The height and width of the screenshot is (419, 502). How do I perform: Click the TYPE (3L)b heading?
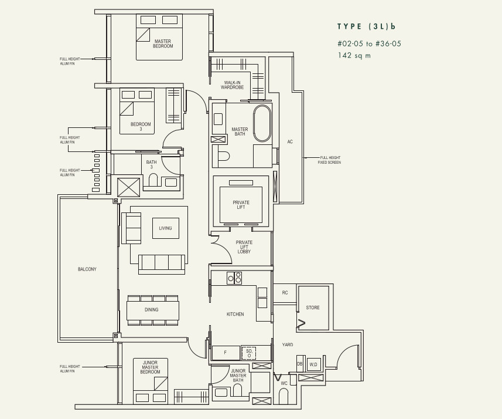[366, 26]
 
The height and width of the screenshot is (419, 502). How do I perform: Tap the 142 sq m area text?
[354, 56]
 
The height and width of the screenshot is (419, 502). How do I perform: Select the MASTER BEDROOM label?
[163, 43]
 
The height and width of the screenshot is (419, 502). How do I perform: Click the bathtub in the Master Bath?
[262, 123]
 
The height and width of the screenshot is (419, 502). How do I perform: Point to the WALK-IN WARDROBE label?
[232, 85]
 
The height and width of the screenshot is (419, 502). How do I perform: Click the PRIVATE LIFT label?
[241, 205]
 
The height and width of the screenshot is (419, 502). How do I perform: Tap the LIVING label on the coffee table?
[166, 228]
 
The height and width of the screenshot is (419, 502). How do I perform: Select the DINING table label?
[152, 310]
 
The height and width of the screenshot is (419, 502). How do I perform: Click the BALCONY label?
[87, 269]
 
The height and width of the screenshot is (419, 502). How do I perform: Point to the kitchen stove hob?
[234, 278]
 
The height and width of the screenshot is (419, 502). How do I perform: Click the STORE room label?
[313, 308]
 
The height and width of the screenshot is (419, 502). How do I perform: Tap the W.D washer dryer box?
[313, 364]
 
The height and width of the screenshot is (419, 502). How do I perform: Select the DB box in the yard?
[300, 364]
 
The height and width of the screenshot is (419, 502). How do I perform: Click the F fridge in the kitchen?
[226, 353]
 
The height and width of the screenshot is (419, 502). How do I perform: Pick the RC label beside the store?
[285, 293]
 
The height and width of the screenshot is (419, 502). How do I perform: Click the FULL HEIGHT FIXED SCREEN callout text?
[329, 160]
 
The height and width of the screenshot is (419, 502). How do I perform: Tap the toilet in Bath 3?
[153, 180]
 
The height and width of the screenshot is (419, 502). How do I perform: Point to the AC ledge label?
[290, 141]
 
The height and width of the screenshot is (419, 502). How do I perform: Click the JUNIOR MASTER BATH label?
[238, 376]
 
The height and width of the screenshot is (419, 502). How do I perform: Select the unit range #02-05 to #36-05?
[369, 43]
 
